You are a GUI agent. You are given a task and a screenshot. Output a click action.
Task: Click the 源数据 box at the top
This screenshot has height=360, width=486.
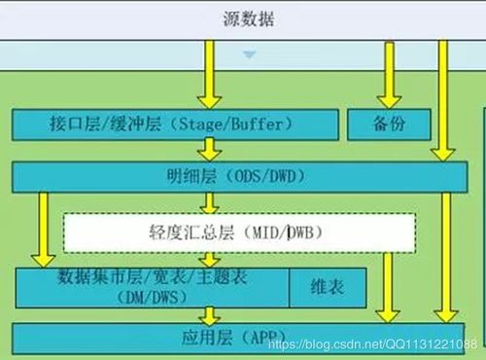coord(242,19)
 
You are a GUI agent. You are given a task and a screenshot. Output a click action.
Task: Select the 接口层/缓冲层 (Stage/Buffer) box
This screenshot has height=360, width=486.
coord(175,124)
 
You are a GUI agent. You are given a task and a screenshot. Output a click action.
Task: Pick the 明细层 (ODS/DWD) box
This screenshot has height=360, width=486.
coord(233,176)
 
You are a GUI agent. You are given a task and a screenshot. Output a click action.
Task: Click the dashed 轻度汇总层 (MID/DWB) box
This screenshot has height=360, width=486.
coord(239,234)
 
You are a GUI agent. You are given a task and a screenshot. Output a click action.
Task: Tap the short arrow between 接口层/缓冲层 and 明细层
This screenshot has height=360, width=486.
coord(207,150)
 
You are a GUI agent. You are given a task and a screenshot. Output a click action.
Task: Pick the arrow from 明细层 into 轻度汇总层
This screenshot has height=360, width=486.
coord(207,201)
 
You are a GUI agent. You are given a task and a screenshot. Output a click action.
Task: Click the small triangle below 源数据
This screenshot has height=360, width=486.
coord(250,54)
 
